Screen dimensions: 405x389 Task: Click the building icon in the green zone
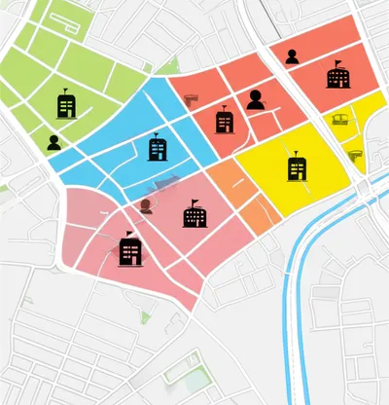point(67,103)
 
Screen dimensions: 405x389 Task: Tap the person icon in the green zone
point(53,142)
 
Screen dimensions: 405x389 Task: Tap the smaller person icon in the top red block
point(292,56)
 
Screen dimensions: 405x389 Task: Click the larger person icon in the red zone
point(256,99)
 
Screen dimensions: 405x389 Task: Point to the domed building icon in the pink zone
point(194,213)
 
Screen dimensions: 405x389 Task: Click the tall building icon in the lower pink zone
point(130,250)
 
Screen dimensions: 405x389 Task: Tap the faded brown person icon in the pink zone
point(146,205)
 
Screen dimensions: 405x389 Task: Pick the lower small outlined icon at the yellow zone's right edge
point(355,153)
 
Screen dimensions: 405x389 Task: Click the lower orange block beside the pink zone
point(258,214)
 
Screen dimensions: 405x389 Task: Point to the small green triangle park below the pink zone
point(145,316)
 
